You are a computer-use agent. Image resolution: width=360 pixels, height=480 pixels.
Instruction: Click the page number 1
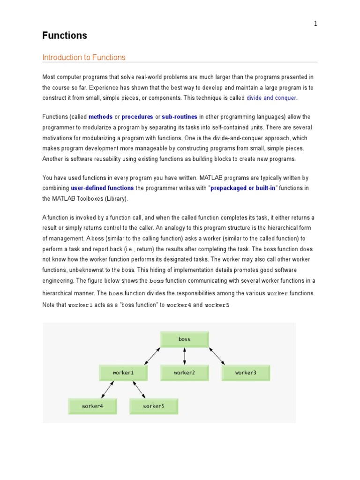[x=315, y=24]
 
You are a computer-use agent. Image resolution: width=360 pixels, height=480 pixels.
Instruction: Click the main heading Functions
[x=65, y=36]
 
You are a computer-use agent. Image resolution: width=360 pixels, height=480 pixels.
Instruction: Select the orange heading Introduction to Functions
[x=84, y=58]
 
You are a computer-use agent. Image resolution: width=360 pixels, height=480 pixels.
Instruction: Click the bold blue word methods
[x=100, y=117]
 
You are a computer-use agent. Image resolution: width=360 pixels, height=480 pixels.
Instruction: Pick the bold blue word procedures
[x=137, y=117]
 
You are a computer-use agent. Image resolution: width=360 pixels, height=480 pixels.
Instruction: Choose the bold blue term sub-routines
[x=180, y=117]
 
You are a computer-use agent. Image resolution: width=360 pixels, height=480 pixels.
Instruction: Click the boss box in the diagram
[x=185, y=339]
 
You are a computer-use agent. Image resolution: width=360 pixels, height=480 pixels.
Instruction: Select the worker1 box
[x=123, y=373]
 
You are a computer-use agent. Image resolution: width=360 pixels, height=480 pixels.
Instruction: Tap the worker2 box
[x=184, y=373]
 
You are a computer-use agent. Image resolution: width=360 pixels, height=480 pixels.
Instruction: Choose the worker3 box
[x=246, y=373]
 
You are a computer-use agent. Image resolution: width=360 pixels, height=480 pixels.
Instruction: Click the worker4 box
[x=92, y=406]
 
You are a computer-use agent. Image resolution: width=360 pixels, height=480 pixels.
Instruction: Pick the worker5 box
[x=154, y=406]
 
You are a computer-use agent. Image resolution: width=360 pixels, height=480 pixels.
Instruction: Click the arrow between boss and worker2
[x=185, y=356]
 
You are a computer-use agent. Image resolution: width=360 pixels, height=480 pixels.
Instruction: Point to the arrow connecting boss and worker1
[x=153, y=356]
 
